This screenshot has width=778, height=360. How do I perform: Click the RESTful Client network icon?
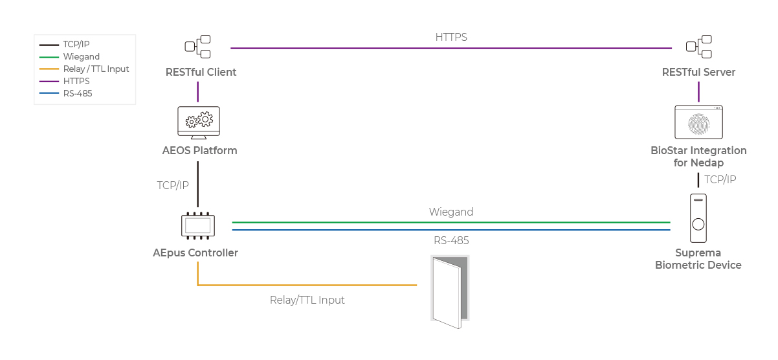pyautogui.click(x=197, y=47)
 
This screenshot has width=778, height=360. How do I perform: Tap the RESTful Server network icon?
pyautogui.click(x=698, y=47)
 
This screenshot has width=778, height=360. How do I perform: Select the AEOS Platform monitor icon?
pyautogui.click(x=198, y=122)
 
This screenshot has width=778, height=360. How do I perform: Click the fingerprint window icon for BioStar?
pyautogui.click(x=698, y=122)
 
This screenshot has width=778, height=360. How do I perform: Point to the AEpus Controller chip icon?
pyautogui.click(x=198, y=225)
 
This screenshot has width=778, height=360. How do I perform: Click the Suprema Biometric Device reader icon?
pyautogui.click(x=698, y=218)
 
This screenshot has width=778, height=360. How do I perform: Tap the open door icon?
pyautogui.click(x=450, y=289)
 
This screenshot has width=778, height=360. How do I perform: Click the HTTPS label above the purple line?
pyautogui.click(x=451, y=38)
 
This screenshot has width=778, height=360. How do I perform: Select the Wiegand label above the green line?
pyautogui.click(x=450, y=212)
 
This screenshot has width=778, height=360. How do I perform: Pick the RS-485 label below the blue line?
pyautogui.click(x=451, y=241)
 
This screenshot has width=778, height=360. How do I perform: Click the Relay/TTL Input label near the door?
pyautogui.click(x=307, y=300)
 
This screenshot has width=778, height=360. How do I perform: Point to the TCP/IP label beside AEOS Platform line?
pyautogui.click(x=173, y=186)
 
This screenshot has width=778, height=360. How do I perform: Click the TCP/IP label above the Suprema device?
pyautogui.click(x=720, y=179)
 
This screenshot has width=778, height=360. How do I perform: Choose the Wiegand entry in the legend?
pyautogui.click(x=81, y=57)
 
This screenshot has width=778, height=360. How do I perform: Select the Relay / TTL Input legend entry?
pyautogui.click(x=96, y=69)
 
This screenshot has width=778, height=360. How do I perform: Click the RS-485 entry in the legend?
pyautogui.click(x=78, y=93)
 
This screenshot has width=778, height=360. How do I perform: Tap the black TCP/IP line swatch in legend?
pyautogui.click(x=49, y=45)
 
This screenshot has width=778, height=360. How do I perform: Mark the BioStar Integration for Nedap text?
pyautogui.click(x=698, y=157)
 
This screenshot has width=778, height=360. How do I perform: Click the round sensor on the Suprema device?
pyautogui.click(x=698, y=225)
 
